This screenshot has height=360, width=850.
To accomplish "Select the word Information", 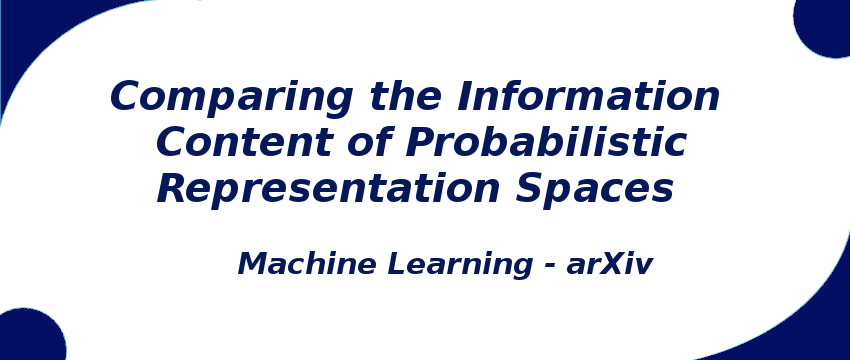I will (x=588, y=98).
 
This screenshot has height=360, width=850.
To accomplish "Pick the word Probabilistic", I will (x=546, y=143).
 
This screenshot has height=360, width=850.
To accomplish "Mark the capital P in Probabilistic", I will (x=419, y=143).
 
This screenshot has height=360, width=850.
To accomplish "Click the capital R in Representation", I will (x=173, y=189).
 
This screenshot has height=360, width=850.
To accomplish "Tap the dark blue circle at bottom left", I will (x=28, y=338).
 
